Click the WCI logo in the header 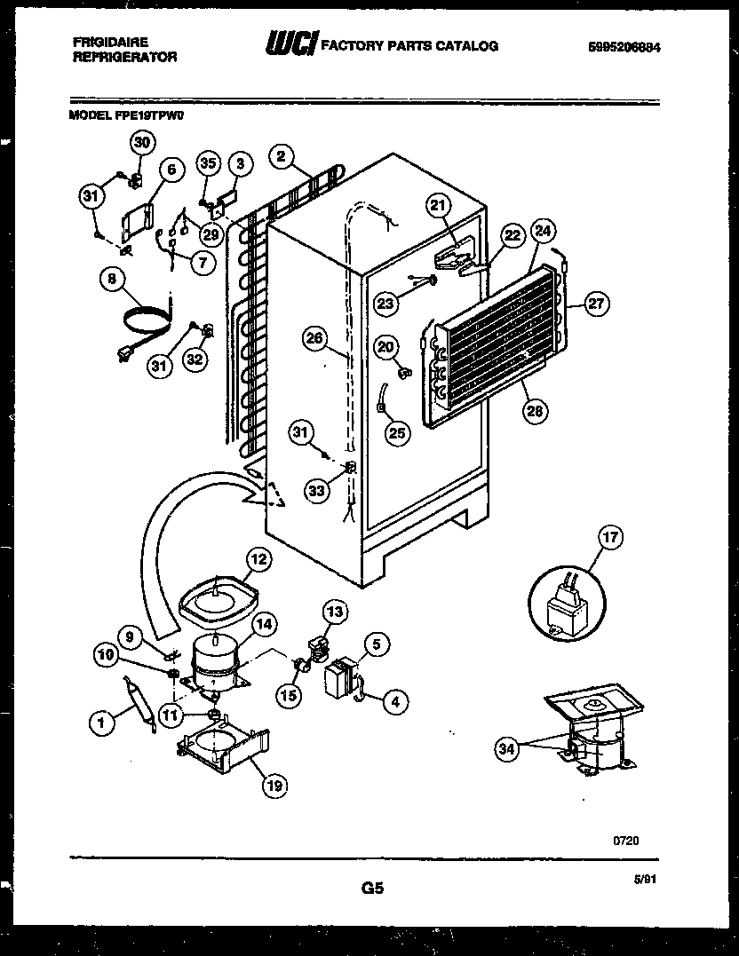click(x=290, y=44)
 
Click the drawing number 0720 click(x=625, y=839)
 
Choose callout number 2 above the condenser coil click(x=281, y=157)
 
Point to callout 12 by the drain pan click(x=257, y=559)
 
